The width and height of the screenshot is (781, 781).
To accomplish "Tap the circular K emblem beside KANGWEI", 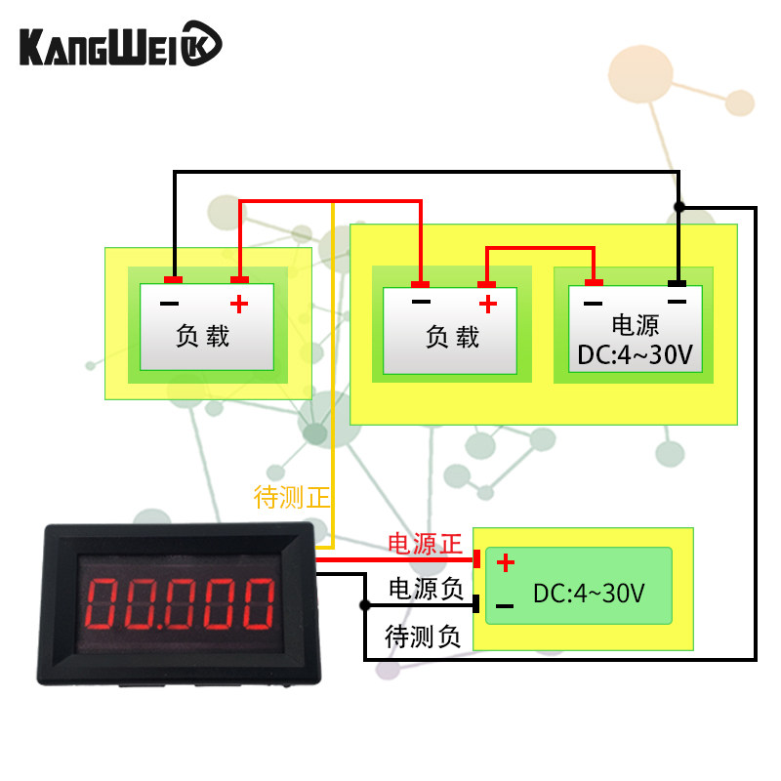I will coord(203,46).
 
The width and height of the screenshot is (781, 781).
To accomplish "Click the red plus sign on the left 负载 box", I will coord(239,303).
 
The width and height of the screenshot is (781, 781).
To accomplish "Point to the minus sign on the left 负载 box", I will coord(170,303).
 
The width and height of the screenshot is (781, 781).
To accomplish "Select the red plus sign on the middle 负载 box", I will coord(488,303).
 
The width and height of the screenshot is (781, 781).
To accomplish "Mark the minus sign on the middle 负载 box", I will coord(421,303).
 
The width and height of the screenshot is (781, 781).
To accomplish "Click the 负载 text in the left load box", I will coord(203,337).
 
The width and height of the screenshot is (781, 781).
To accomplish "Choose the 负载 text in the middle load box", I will coord(453,337).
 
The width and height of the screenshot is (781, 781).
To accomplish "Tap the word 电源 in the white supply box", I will coord(635,326).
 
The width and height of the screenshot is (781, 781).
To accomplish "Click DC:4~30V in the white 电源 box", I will coord(635,356).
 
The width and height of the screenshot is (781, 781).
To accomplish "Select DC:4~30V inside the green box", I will coord(589,593).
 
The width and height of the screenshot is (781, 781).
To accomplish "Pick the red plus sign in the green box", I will coord(505,563).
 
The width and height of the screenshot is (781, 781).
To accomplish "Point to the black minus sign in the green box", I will coord(505,606).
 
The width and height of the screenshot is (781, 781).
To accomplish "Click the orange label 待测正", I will coord(292,498).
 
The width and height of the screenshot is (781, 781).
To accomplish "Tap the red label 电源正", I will coord(425,545).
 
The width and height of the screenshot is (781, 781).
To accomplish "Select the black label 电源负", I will coord(425,589).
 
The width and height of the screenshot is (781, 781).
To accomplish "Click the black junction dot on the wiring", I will coord(679,207).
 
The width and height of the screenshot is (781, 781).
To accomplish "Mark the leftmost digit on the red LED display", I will coord(103,604).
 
